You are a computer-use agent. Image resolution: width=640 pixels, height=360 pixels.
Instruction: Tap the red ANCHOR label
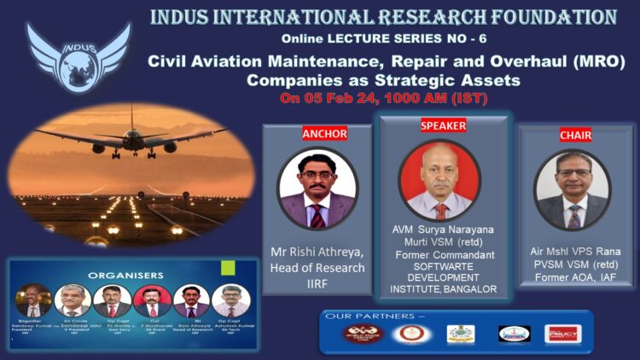(317, 134)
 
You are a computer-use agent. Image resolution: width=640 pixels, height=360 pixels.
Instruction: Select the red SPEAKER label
(443, 125)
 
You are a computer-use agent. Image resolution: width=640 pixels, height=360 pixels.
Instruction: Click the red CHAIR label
(574, 134)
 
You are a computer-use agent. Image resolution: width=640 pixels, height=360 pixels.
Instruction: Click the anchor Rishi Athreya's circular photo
(317, 189)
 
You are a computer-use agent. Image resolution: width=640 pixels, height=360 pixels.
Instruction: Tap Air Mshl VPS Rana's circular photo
(573, 190)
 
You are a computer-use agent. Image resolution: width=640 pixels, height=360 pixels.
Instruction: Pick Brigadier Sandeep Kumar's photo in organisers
(33, 300)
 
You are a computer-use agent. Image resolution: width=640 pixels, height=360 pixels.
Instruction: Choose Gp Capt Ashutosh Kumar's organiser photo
(231, 301)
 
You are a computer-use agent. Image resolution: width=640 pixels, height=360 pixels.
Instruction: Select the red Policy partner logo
(561, 334)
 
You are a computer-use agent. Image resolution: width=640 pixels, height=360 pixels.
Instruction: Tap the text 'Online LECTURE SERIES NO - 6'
(379, 39)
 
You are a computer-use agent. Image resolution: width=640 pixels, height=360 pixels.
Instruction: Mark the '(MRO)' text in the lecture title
(595, 61)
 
